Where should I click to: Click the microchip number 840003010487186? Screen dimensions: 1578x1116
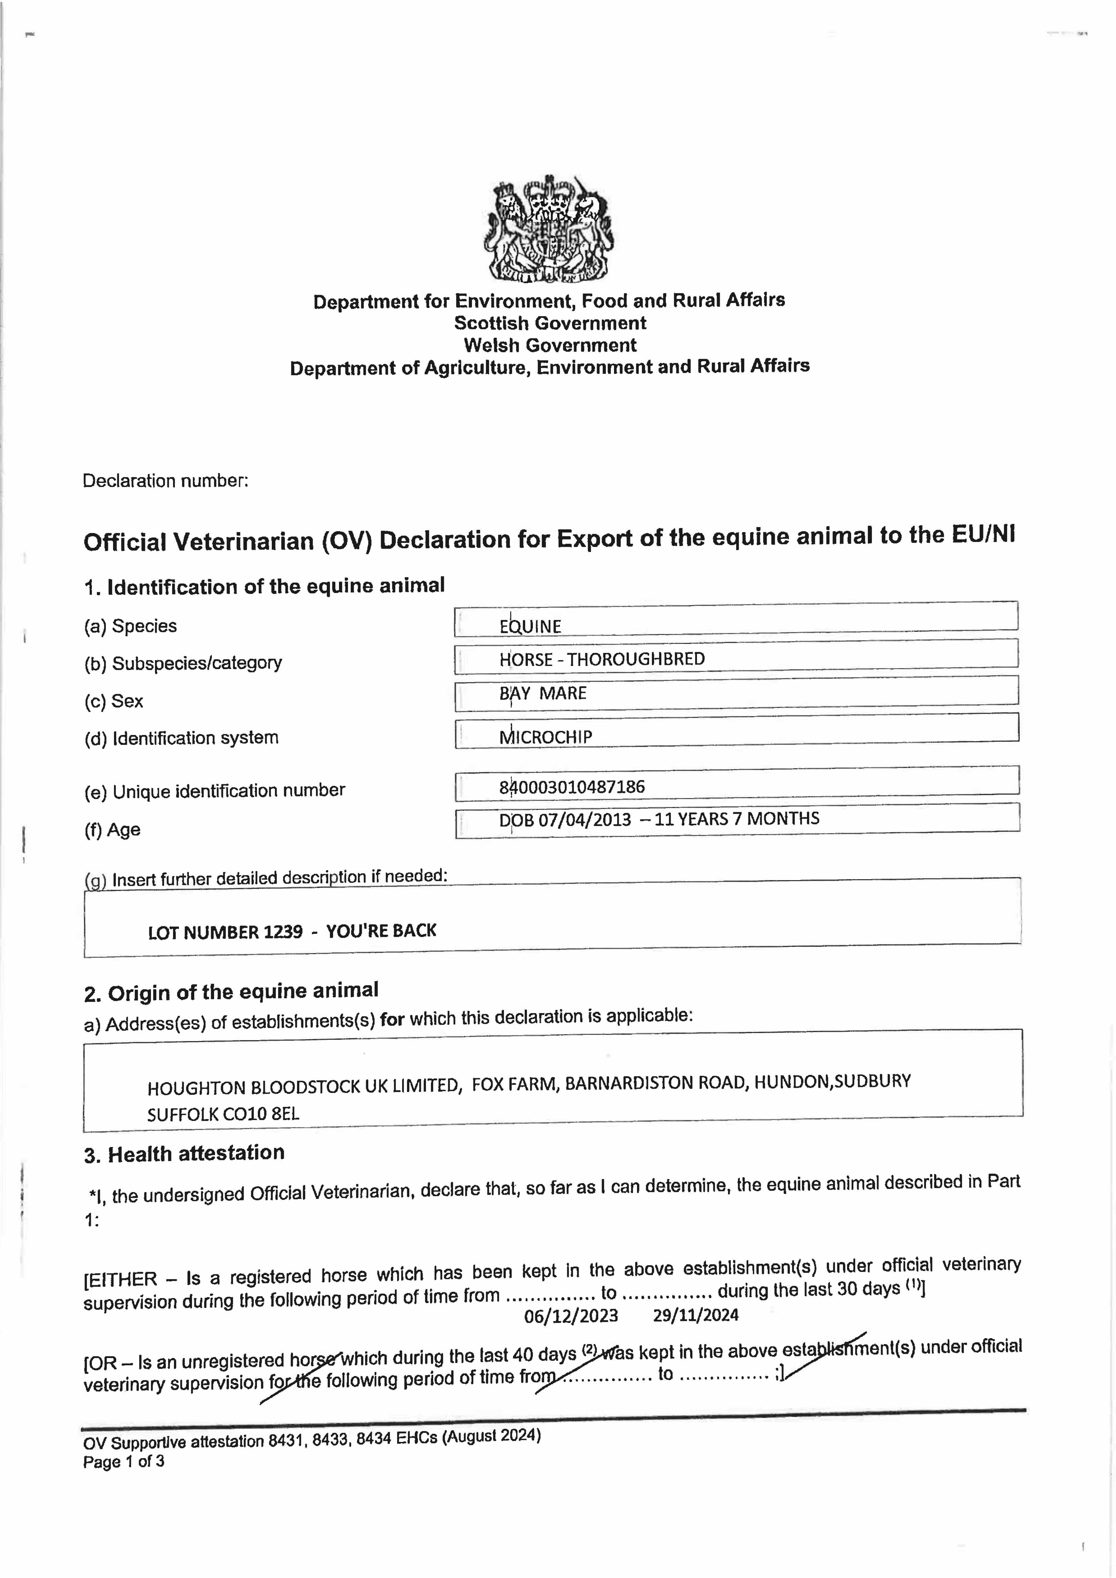[x=572, y=787]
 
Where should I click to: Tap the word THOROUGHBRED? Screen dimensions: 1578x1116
[x=636, y=659]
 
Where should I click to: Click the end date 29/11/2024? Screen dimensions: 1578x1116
[x=696, y=1315]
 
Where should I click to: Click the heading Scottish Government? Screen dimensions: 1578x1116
[x=550, y=323]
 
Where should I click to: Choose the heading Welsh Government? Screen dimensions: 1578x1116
[x=550, y=345]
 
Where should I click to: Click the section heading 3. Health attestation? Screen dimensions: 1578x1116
[x=184, y=1154]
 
